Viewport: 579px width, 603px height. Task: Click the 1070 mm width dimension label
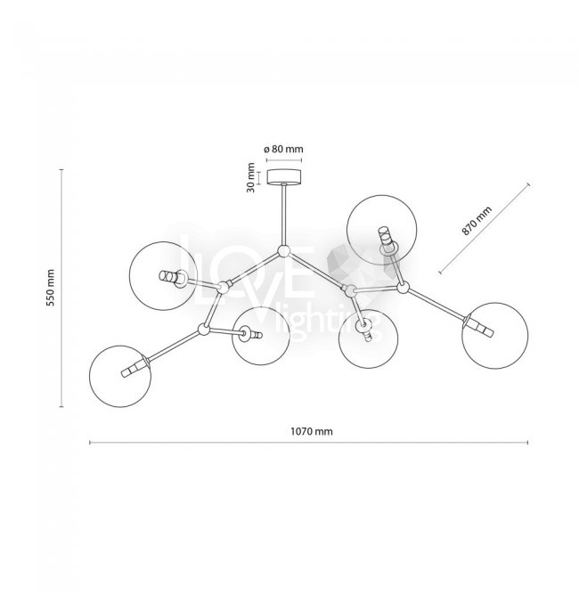click(x=311, y=430)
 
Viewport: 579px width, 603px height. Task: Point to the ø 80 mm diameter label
click(x=283, y=149)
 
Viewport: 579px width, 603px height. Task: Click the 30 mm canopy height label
click(x=253, y=176)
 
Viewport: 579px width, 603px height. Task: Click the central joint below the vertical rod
click(x=284, y=252)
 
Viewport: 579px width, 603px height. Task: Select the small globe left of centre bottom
click(x=258, y=336)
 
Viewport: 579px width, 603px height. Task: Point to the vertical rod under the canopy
click(x=285, y=213)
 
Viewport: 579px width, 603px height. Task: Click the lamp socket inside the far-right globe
click(x=478, y=327)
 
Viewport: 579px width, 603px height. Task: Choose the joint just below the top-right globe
click(x=402, y=287)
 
